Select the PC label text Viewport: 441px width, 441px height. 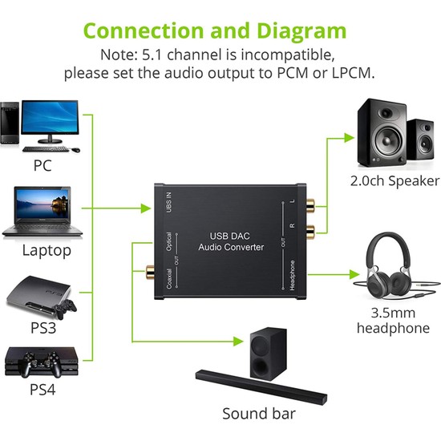(43, 166)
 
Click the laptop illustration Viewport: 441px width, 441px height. (42, 212)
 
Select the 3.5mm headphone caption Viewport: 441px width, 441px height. (392, 321)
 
